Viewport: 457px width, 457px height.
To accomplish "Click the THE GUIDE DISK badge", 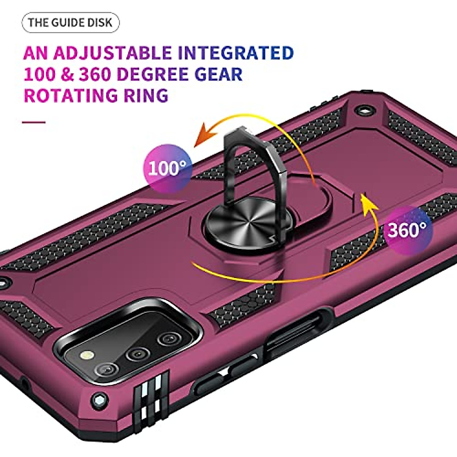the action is [70, 22].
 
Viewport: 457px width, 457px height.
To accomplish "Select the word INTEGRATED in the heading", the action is [236, 53].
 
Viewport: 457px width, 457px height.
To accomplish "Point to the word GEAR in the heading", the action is [219, 74].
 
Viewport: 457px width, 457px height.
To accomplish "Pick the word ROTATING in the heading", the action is [71, 95].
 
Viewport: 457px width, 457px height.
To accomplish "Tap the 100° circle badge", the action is [167, 168].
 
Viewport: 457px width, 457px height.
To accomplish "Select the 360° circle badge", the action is [407, 230].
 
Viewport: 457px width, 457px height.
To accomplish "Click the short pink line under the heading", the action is [34, 122].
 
